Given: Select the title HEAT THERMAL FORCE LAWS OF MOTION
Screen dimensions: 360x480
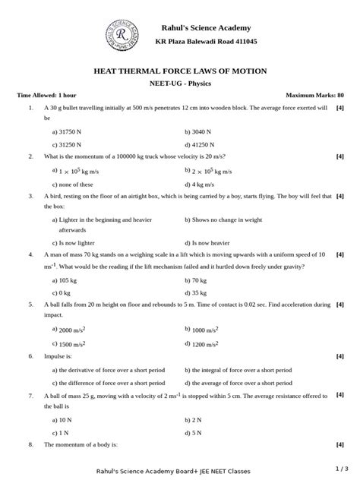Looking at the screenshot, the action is (x=180, y=71).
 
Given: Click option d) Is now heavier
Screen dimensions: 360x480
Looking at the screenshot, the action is (x=208, y=242).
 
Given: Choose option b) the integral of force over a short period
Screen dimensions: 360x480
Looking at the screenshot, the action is (x=237, y=370).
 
